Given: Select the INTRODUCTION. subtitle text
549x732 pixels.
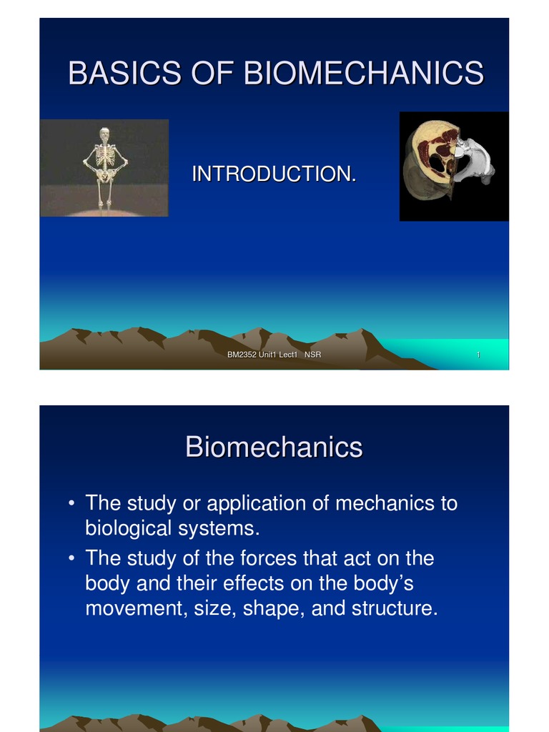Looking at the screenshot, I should tap(274, 174).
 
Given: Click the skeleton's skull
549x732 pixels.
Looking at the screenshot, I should tap(104, 134).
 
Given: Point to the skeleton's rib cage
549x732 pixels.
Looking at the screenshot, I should tap(104, 154).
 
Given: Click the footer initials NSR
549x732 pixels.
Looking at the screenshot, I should tap(312, 356).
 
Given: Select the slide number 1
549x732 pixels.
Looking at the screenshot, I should tap(477, 356).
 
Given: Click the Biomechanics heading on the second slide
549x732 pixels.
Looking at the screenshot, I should tap(274, 447).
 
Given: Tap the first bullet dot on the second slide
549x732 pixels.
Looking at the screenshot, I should tap(71, 504).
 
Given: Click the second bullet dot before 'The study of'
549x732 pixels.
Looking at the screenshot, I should tap(71, 558).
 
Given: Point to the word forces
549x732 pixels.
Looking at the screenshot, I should tap(267, 557).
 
